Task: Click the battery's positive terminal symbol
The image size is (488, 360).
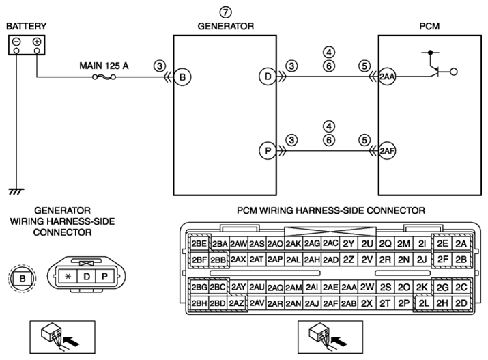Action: point(37,42)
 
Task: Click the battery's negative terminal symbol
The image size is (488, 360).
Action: point(17,42)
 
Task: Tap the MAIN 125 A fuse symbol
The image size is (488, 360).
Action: point(104,77)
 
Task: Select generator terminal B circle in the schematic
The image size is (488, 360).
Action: point(182,77)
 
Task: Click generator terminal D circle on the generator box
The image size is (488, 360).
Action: point(268,77)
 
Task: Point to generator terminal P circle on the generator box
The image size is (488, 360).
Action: point(268,151)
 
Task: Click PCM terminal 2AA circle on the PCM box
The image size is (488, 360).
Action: point(387,77)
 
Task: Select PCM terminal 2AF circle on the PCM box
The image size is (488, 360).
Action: point(387,151)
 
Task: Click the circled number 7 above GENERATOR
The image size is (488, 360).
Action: point(226,12)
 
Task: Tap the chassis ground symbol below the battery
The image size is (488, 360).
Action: point(16,191)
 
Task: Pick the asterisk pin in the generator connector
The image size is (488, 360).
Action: point(68,277)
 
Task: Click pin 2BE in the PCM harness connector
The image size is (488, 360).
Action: point(199,243)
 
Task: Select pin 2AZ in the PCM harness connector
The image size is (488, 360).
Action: point(237,303)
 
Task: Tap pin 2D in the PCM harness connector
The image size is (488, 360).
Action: point(461,303)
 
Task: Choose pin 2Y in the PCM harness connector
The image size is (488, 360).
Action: point(349,243)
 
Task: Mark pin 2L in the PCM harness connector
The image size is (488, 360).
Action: point(424,303)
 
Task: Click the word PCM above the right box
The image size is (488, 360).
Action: point(429,26)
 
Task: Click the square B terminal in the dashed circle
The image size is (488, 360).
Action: point(23,278)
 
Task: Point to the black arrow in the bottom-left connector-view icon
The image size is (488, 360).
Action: point(71,341)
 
